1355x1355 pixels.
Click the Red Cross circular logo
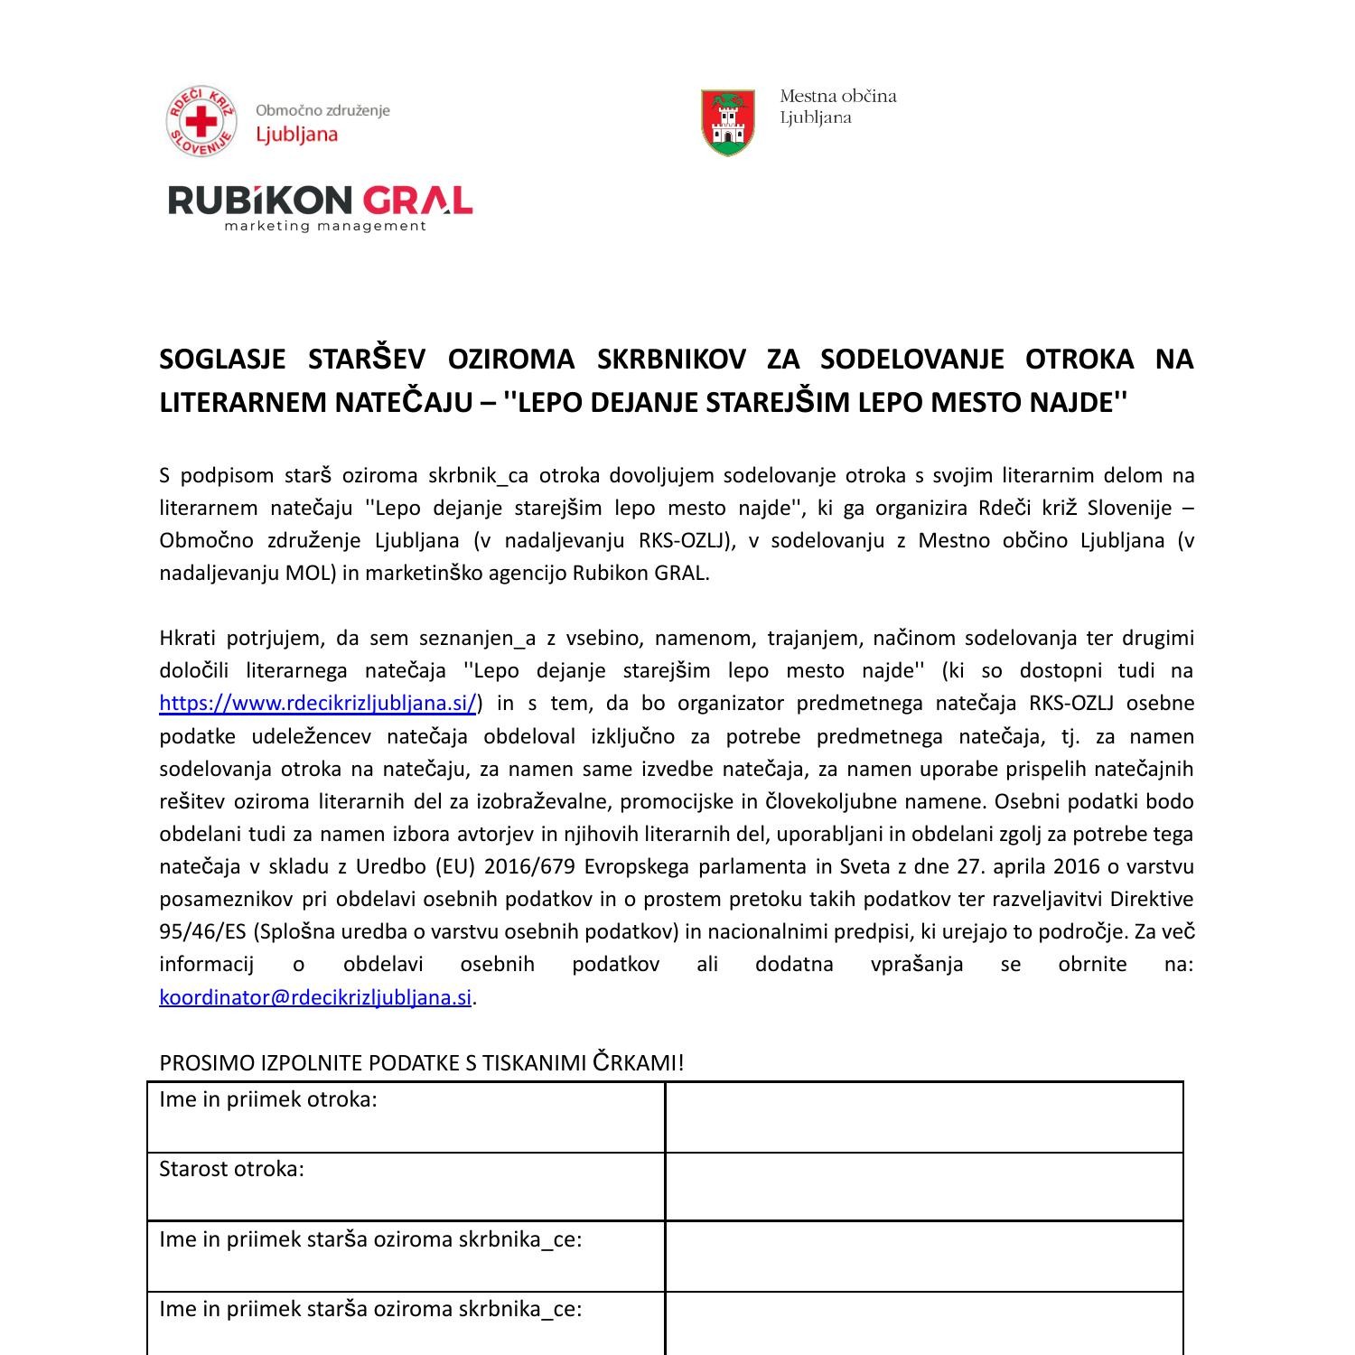point(201,122)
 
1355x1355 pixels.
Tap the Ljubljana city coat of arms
point(727,122)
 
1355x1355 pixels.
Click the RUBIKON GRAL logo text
point(320,201)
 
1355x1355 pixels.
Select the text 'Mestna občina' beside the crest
point(837,96)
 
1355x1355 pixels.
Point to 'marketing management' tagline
point(324,226)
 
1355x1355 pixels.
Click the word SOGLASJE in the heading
point(221,360)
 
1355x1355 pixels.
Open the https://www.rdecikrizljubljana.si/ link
point(317,703)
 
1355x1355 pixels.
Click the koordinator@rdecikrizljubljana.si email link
point(315,997)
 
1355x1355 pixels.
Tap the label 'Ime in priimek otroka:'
point(268,1099)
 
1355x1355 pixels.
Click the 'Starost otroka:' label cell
point(232,1169)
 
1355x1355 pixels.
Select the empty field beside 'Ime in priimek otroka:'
point(923,1117)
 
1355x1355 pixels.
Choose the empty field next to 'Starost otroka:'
point(923,1187)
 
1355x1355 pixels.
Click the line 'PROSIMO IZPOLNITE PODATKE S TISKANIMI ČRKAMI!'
point(422,1063)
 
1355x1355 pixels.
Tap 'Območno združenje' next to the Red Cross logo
point(322,110)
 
